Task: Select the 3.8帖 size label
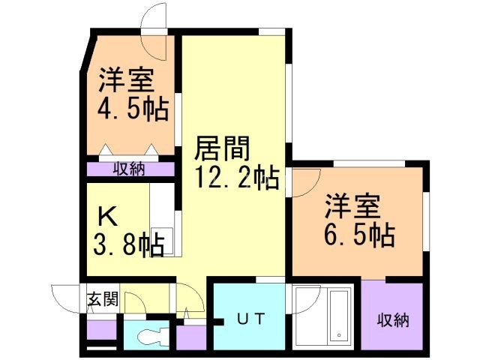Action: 126,244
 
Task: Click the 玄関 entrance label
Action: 102,300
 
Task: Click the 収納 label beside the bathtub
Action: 392,320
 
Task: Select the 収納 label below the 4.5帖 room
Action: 130,168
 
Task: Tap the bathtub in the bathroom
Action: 337,315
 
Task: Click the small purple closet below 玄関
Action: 101,328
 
